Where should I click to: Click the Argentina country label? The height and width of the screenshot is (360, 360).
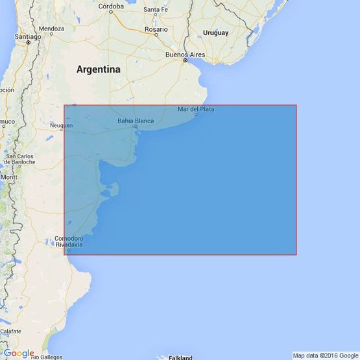(x=99, y=69)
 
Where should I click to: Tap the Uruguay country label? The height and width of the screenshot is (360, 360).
(x=215, y=33)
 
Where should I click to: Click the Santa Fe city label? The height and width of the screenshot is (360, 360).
(x=156, y=10)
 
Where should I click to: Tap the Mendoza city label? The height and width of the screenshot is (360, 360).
(x=51, y=29)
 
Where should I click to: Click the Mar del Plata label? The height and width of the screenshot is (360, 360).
(x=195, y=109)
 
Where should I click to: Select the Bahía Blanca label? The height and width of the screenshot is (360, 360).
(x=135, y=121)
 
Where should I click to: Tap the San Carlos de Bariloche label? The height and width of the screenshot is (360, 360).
(x=20, y=160)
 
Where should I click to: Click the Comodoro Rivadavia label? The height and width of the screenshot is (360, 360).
(x=68, y=242)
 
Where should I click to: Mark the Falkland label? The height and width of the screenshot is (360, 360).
(x=181, y=356)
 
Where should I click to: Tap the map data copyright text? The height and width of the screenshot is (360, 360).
(x=325, y=355)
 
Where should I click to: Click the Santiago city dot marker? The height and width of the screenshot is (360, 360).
(x=28, y=43)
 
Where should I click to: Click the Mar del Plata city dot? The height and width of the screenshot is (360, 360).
(x=195, y=114)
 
